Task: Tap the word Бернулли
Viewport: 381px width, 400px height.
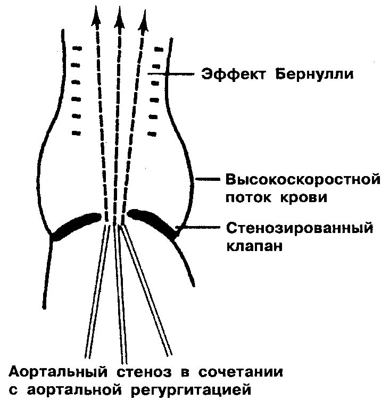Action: [314, 74]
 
